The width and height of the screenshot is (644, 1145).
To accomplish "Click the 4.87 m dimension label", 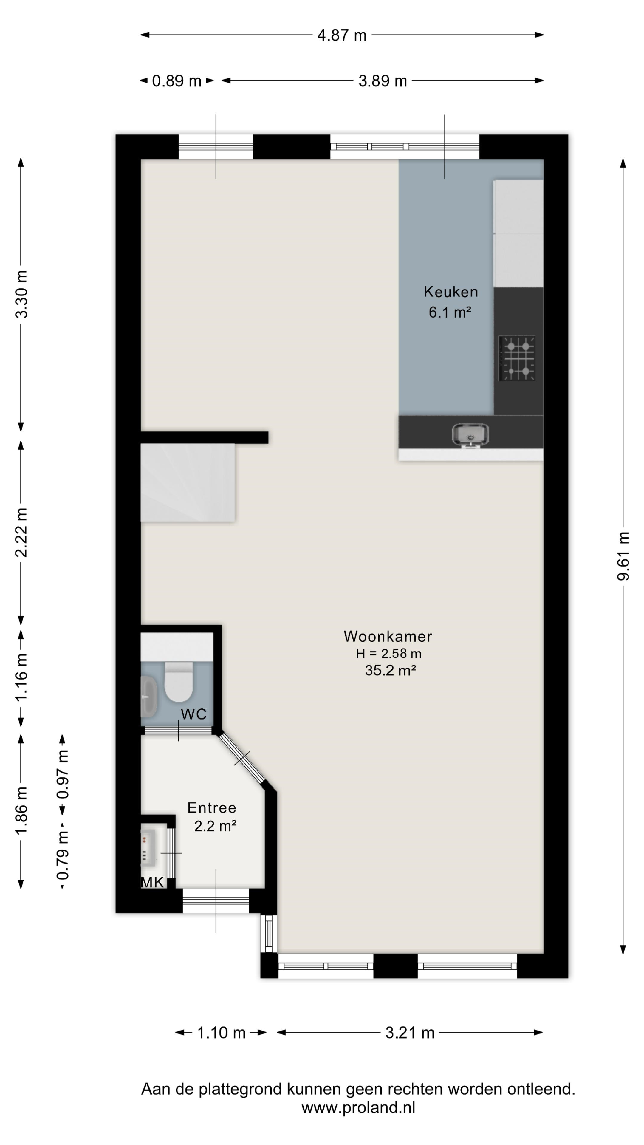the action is click(x=342, y=35).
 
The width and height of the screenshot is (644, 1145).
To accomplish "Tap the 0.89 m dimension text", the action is click(x=177, y=81).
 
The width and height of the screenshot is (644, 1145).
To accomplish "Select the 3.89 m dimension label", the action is click(x=383, y=81).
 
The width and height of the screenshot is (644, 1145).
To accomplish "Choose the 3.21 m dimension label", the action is click(x=410, y=1033).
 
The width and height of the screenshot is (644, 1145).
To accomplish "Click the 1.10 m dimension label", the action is click(x=221, y=1033).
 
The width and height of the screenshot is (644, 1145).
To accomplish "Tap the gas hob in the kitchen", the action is click(x=517, y=358).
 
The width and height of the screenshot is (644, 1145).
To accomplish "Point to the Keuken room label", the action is click(x=451, y=292).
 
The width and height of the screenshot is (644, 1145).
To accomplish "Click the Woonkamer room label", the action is click(x=388, y=637).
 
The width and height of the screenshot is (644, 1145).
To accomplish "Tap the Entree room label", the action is click(x=212, y=808).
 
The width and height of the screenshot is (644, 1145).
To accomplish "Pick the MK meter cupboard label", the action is click(x=152, y=882).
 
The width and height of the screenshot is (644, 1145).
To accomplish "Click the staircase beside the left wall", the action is click(x=188, y=482).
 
